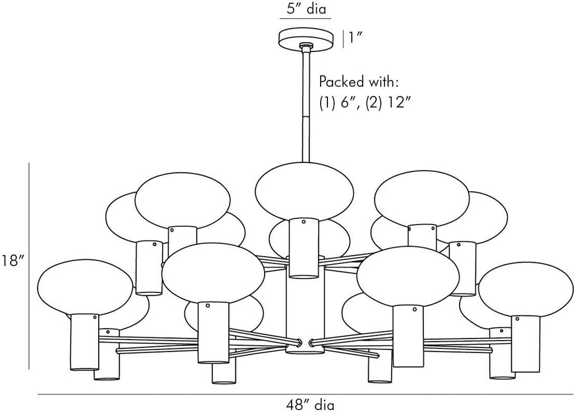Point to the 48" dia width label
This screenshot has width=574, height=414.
[x=305, y=404]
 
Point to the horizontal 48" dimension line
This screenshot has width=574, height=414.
[x=305, y=394]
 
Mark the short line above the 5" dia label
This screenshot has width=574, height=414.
[x=305, y=19]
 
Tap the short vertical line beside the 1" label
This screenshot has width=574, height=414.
[x=343, y=38]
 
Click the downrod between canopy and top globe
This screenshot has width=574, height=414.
[x=305, y=106]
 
